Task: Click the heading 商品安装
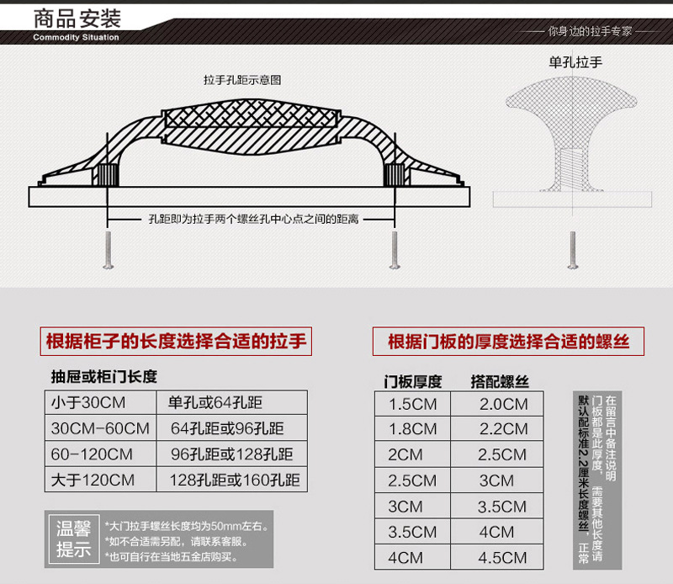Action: (x=77, y=18)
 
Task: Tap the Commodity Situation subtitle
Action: (x=76, y=37)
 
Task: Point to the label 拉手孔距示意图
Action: (x=241, y=81)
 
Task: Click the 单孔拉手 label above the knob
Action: (x=575, y=61)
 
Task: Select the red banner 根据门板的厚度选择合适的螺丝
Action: (x=508, y=342)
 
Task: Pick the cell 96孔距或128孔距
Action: (x=232, y=455)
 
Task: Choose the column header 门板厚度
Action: (x=413, y=380)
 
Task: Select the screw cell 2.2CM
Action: (x=503, y=429)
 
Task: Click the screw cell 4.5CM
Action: (x=503, y=558)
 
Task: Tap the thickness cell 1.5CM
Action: (x=412, y=404)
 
